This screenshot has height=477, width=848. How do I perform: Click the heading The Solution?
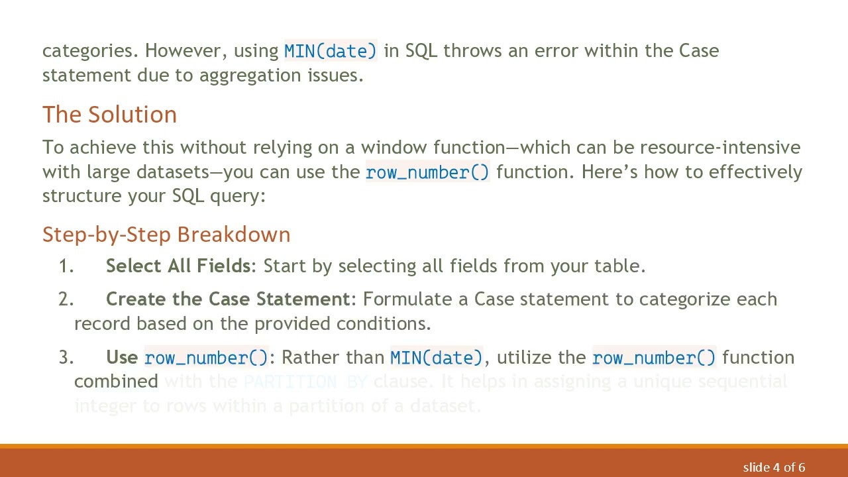point(109,115)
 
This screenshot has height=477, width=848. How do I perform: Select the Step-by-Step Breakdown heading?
point(166,235)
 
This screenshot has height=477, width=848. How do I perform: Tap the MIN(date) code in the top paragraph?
point(330,51)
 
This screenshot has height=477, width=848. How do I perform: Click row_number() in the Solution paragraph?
point(427,172)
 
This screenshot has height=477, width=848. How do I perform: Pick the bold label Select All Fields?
point(178,266)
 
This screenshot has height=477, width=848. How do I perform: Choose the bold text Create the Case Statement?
point(227,299)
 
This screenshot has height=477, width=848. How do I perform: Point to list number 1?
point(66,266)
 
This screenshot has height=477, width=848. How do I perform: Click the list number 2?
point(66,299)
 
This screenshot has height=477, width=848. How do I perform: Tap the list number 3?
point(66,358)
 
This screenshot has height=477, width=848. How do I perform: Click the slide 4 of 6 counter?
point(773,468)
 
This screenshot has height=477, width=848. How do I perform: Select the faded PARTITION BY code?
point(305,382)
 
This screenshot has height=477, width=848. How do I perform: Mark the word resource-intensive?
point(719,148)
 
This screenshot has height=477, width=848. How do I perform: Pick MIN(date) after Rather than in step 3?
point(436,358)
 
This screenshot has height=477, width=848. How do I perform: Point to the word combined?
point(116,382)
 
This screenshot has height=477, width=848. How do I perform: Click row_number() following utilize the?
point(653,358)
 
